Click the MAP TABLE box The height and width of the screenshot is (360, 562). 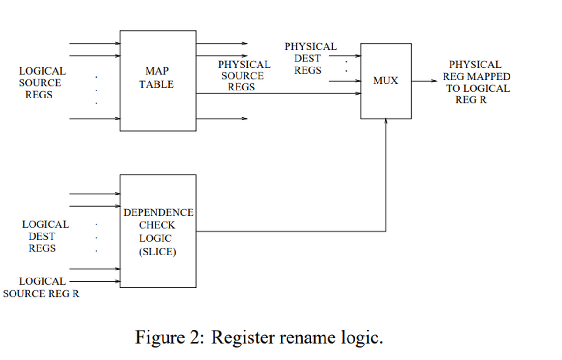click(158, 81)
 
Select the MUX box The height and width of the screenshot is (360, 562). click(385, 81)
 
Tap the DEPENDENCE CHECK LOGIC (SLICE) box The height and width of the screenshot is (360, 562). click(158, 231)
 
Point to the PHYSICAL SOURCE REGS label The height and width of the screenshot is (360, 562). click(244, 76)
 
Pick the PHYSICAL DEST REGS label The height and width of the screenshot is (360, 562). click(309, 59)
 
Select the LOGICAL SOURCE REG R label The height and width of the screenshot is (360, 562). click(41, 288)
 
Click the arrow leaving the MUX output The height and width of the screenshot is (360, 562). click(424, 81)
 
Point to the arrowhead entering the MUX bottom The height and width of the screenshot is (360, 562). click(386, 121)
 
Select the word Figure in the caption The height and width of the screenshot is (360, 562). click(159, 337)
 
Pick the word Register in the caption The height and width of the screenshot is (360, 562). click(242, 337)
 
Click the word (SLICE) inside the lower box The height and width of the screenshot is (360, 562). click(157, 252)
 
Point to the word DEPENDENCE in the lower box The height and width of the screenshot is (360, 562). click(158, 212)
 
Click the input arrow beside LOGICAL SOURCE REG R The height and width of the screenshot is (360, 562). click(94, 281)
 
